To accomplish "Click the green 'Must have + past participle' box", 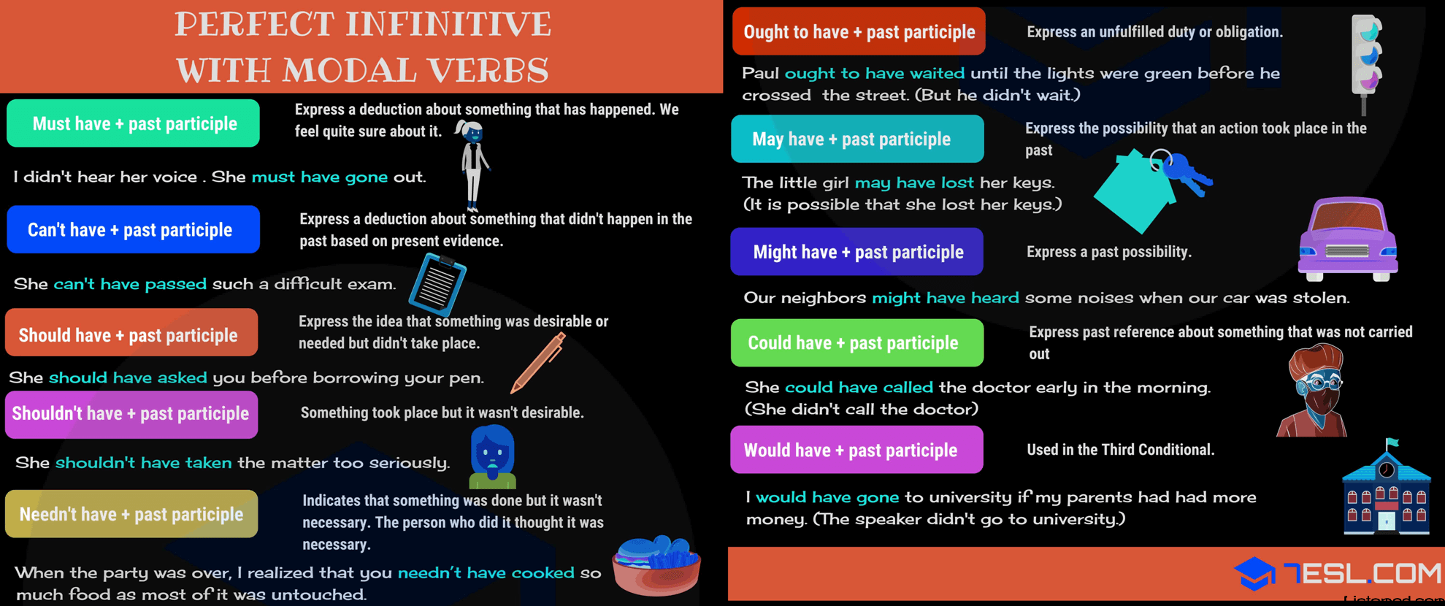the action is (133, 123).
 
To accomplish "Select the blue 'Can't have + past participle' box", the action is (133, 229).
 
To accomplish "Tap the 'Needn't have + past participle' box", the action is (131, 514).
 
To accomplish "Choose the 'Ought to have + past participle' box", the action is (859, 31).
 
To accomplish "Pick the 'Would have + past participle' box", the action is (856, 450).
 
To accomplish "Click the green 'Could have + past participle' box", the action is (857, 342).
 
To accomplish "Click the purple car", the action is (1347, 239).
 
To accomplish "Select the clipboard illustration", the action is (437, 284).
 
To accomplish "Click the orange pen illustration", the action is (538, 363).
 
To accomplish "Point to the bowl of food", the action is (656, 565).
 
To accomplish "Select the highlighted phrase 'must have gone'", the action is (320, 177).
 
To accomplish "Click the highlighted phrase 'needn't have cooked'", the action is (486, 573).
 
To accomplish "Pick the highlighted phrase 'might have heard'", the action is (946, 298).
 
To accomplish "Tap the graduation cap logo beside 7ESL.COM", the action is (1254, 573).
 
